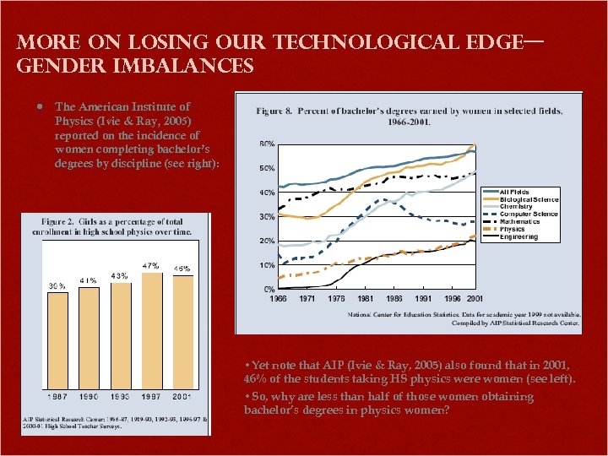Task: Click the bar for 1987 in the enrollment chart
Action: [57, 338]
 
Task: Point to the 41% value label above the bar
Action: [89, 280]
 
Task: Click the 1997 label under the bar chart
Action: [151, 396]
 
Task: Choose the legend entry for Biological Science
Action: [528, 199]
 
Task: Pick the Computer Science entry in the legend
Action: [528, 214]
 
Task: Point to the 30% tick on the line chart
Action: [266, 217]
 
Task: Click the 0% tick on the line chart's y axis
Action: [269, 289]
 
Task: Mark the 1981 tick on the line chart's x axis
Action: [366, 299]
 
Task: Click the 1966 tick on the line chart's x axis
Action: [278, 299]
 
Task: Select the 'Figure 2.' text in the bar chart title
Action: [62, 221]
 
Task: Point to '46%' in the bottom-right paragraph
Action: [255, 380]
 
